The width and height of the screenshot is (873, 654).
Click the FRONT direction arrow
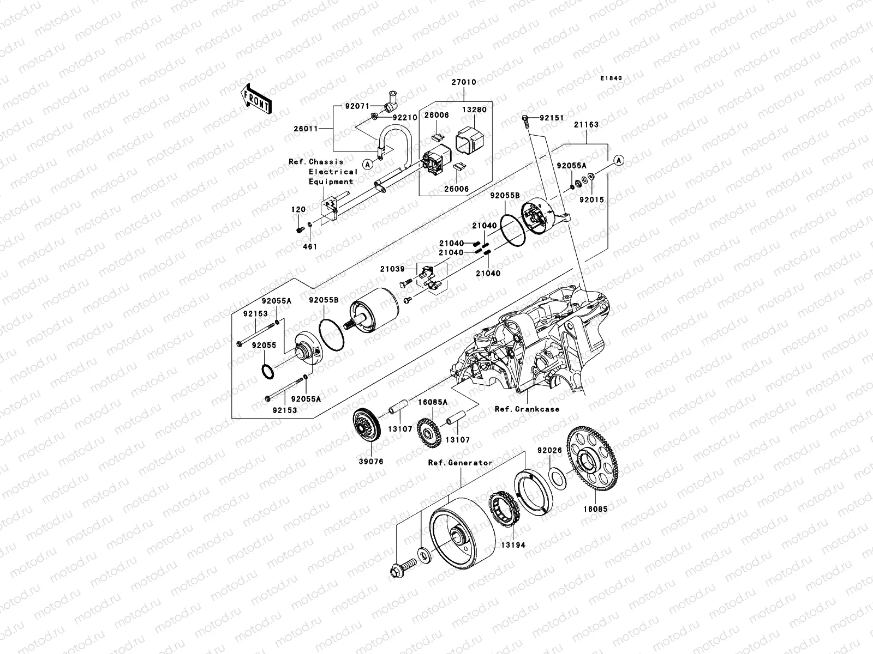point(257,99)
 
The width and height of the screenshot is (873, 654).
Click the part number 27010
point(463,82)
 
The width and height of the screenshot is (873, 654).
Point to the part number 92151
point(552,118)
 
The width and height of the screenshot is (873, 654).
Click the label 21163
point(586,125)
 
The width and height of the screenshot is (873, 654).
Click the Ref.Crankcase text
point(527,409)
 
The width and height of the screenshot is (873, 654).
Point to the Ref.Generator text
point(460,463)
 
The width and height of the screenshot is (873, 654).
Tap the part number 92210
point(404,117)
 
